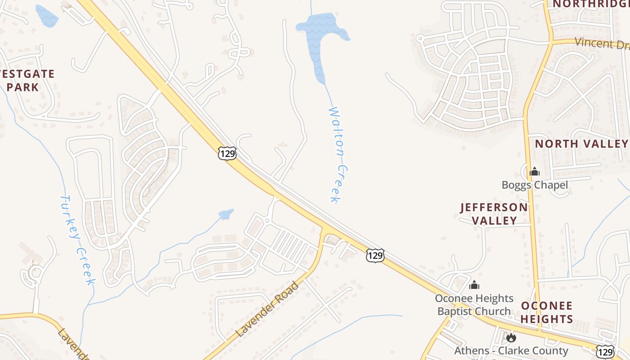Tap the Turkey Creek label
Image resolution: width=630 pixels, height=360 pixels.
(77, 239)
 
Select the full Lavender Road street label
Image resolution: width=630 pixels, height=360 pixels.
(267, 309)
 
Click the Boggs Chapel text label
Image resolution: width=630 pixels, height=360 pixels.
(535, 185)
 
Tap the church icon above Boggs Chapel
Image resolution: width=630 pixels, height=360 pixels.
(535, 171)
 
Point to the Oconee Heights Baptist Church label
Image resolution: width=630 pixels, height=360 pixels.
(474, 305)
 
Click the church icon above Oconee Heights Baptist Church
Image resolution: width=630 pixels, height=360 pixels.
(474, 285)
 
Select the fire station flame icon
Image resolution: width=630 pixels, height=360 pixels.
(511, 337)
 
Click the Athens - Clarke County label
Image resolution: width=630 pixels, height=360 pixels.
(511, 351)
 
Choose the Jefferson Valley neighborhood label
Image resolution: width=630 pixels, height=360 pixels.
(494, 214)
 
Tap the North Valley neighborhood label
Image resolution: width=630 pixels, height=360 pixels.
(581, 144)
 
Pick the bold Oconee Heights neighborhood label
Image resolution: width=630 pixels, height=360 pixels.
(547, 312)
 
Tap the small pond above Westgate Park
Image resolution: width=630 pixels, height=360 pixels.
(46, 16)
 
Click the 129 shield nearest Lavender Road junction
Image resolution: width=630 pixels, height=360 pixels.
(375, 256)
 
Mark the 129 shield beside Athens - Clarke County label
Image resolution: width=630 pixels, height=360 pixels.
(605, 351)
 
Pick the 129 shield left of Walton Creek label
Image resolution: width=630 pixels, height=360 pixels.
(227, 153)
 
